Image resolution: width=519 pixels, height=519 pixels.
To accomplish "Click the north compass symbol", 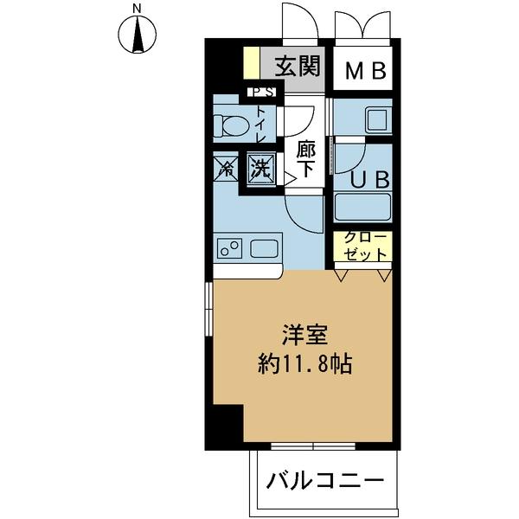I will click(x=136, y=35).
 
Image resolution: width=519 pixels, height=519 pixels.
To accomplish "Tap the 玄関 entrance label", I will click(x=298, y=66).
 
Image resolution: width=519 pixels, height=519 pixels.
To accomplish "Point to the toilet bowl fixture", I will click(x=230, y=125).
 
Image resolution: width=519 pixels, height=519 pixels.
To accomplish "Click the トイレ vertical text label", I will click(x=262, y=125).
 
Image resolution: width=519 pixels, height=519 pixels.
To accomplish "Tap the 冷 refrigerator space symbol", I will click(x=224, y=167).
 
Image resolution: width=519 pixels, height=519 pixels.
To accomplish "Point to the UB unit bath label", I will click(x=374, y=180).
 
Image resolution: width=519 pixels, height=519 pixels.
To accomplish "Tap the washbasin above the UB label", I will click(x=377, y=120).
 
